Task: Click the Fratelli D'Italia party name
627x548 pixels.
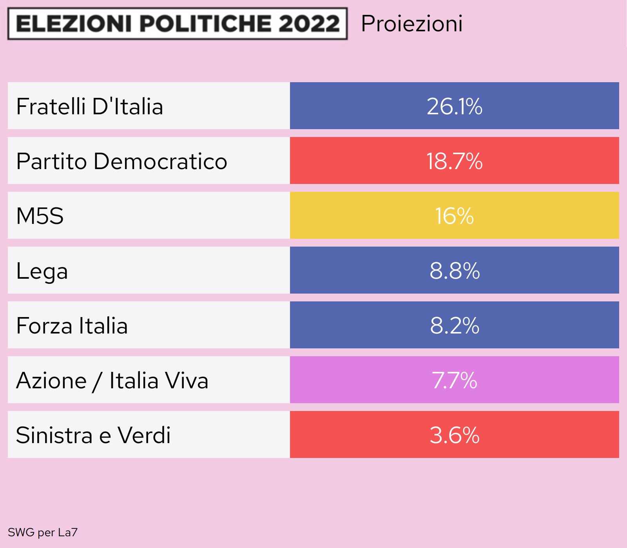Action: tap(89, 106)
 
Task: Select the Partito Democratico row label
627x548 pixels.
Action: tap(121, 161)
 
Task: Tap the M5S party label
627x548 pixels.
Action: tap(40, 216)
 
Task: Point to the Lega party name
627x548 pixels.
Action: tap(42, 271)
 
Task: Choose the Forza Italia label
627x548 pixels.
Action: tap(72, 326)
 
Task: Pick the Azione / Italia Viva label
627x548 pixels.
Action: tap(112, 380)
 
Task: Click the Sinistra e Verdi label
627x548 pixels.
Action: tap(93, 435)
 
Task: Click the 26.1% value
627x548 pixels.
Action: tap(454, 106)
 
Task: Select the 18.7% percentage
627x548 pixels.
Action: tap(454, 161)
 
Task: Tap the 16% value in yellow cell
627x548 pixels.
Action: tap(454, 216)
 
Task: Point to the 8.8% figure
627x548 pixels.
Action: tap(454, 271)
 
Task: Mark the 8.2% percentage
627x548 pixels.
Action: tap(454, 326)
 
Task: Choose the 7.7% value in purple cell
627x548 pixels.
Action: tap(454, 380)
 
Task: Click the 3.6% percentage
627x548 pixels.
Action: tap(454, 435)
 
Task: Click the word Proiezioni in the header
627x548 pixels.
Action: tap(411, 23)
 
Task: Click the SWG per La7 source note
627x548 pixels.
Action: tap(43, 532)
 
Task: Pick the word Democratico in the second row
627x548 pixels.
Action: tap(160, 161)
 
